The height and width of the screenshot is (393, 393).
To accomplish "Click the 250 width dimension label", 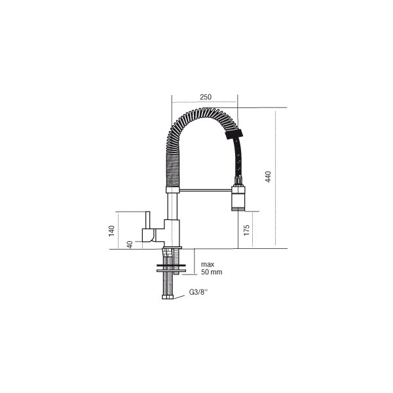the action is [x=206, y=97].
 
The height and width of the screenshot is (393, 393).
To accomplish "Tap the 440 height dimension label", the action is [x=268, y=177].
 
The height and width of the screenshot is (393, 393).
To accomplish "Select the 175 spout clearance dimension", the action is [x=247, y=230].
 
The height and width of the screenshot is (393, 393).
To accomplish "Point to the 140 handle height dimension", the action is [x=111, y=231].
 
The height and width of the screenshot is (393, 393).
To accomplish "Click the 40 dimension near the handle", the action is [x=130, y=244].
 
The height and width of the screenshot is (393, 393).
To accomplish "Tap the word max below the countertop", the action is [x=208, y=265].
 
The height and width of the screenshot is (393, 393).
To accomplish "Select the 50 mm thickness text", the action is [x=212, y=272].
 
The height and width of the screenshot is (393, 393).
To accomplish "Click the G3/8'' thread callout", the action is [x=198, y=292].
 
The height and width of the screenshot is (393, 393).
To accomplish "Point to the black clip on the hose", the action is [x=234, y=134].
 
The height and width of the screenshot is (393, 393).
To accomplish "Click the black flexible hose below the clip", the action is [x=238, y=158].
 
